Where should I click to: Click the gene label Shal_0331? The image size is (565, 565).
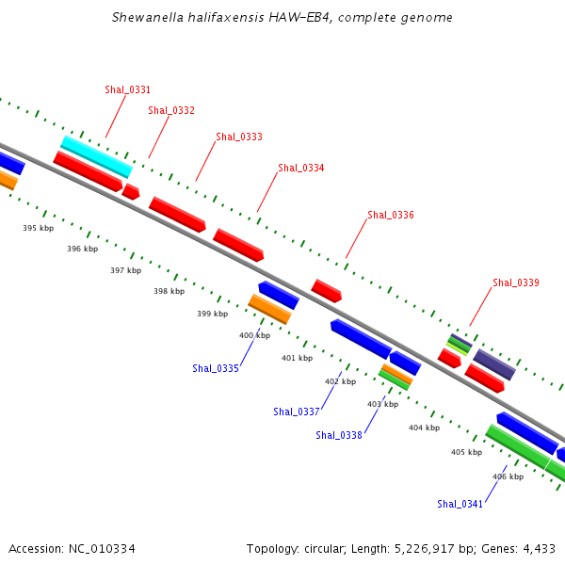pos(128,90)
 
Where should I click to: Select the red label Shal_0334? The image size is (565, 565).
pos(301,169)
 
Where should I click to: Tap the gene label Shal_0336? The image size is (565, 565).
pos(391,216)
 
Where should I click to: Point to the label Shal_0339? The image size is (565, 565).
pos(516,282)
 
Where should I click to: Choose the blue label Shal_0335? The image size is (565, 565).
pos(216,368)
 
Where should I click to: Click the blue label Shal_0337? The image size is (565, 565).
pos(297,412)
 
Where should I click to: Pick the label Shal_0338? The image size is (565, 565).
pos(339,435)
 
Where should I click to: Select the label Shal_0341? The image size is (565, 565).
pos(460,504)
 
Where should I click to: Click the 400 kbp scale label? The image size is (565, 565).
pos(254,335)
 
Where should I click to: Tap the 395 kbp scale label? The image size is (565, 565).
pos(39,228)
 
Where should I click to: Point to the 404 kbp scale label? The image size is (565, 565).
pos(424,428)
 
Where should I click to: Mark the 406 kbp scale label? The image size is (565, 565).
pos(508,476)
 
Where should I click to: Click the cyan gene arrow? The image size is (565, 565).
pos(96,156)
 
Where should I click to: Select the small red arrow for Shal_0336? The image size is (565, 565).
pos(326,290)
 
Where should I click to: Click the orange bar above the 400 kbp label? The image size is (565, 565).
pos(269,308)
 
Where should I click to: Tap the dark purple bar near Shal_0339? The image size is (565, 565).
pos(493,364)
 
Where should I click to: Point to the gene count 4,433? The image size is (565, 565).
pos(536,549)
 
